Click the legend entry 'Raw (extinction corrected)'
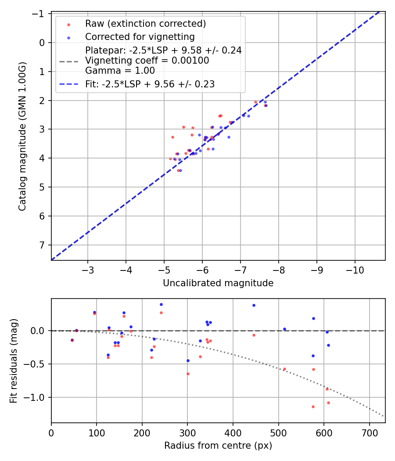tap(145, 24)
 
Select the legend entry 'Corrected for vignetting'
tap(140, 36)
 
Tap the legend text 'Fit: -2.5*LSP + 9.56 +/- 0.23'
tap(150, 84)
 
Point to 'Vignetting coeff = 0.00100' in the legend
tap(147, 61)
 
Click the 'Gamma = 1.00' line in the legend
tap(120, 70)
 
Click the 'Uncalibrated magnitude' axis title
tap(218, 283)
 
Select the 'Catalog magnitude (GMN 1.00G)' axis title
tap(22, 136)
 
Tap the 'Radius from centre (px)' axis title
tap(218, 446)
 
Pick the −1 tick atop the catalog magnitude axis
tap(39, 14)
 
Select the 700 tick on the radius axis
tap(369, 432)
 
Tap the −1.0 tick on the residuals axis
tap(36, 397)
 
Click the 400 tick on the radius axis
tap(233, 432)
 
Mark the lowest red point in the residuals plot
tap(313, 407)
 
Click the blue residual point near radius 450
tap(253, 305)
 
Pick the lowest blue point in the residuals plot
tap(188, 360)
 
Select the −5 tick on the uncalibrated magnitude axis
tap(164, 270)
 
